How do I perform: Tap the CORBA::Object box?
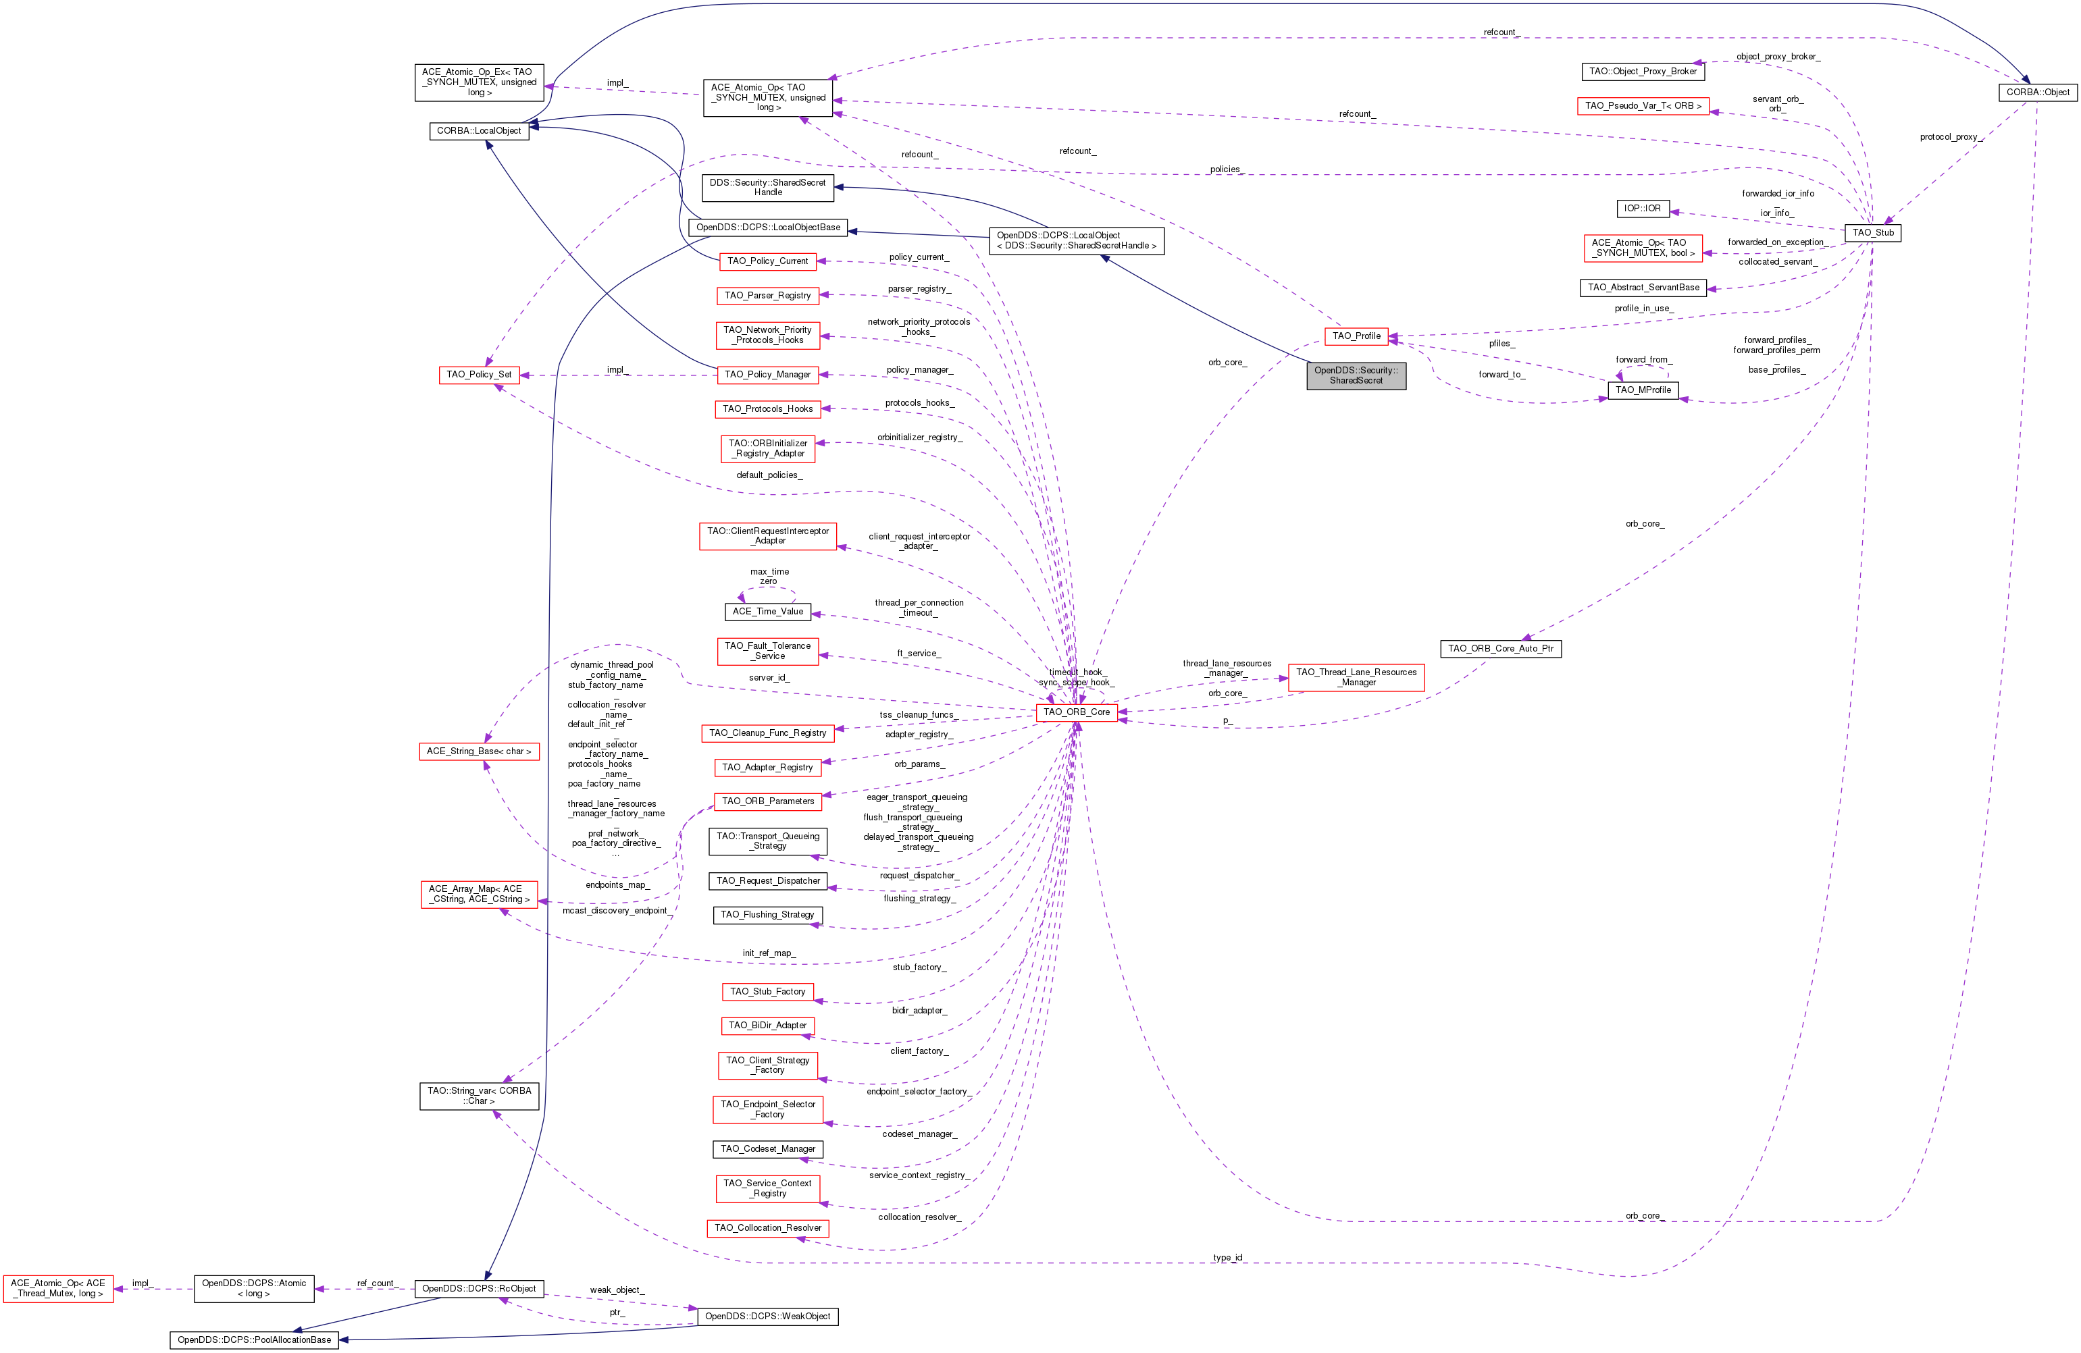coord(2037,92)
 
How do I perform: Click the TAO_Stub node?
coord(1872,232)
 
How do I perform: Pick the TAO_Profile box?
coord(1356,336)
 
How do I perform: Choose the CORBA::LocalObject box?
coord(478,131)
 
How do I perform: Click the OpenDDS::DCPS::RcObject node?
coord(478,1288)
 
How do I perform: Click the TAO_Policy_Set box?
coord(478,375)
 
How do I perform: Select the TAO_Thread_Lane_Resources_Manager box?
coord(1356,677)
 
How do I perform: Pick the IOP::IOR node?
coord(1641,209)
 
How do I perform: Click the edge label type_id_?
coord(1228,1258)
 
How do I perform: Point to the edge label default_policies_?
coord(769,475)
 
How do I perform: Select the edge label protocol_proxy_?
coord(1950,137)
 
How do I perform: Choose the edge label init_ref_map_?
coord(769,953)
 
